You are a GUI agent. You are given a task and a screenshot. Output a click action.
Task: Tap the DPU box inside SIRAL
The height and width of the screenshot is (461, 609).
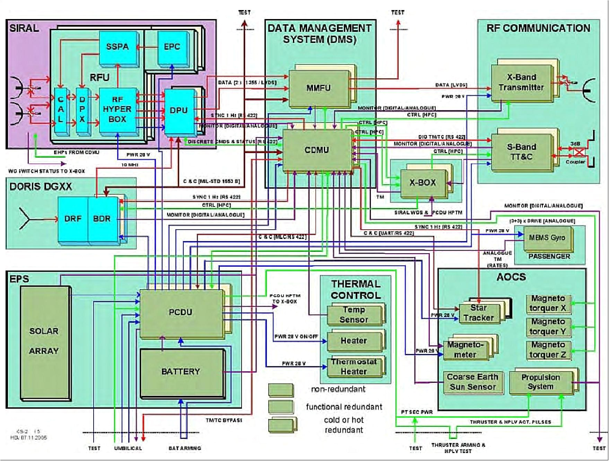click(179, 111)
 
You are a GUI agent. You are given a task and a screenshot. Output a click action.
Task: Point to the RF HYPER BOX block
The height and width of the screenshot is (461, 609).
click(117, 109)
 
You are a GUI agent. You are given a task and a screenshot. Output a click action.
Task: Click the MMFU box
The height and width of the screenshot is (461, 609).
click(318, 88)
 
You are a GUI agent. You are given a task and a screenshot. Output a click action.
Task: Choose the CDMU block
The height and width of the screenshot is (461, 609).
click(317, 150)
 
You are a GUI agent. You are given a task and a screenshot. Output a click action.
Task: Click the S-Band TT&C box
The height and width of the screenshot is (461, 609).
click(521, 152)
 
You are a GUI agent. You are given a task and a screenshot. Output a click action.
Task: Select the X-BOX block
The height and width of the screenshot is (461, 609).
click(423, 183)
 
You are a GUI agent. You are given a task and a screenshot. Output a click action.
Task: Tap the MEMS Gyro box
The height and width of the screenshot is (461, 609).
click(547, 238)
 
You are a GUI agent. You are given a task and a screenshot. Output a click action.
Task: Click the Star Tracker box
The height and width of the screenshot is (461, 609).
click(478, 313)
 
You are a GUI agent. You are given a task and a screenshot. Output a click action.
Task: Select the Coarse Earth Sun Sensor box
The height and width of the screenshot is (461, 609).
click(472, 382)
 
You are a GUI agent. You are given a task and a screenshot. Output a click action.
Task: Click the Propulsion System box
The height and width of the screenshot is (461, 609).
click(540, 382)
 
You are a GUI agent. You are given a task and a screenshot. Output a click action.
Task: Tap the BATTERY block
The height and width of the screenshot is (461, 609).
click(181, 372)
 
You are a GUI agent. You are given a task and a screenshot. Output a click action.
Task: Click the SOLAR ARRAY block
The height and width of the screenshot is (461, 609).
click(44, 341)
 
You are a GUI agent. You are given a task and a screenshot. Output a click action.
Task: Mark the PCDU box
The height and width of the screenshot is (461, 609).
click(181, 312)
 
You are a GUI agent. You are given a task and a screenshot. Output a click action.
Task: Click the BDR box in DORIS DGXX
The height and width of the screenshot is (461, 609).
click(102, 219)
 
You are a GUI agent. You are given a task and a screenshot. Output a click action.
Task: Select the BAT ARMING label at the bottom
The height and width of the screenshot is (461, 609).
click(185, 448)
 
